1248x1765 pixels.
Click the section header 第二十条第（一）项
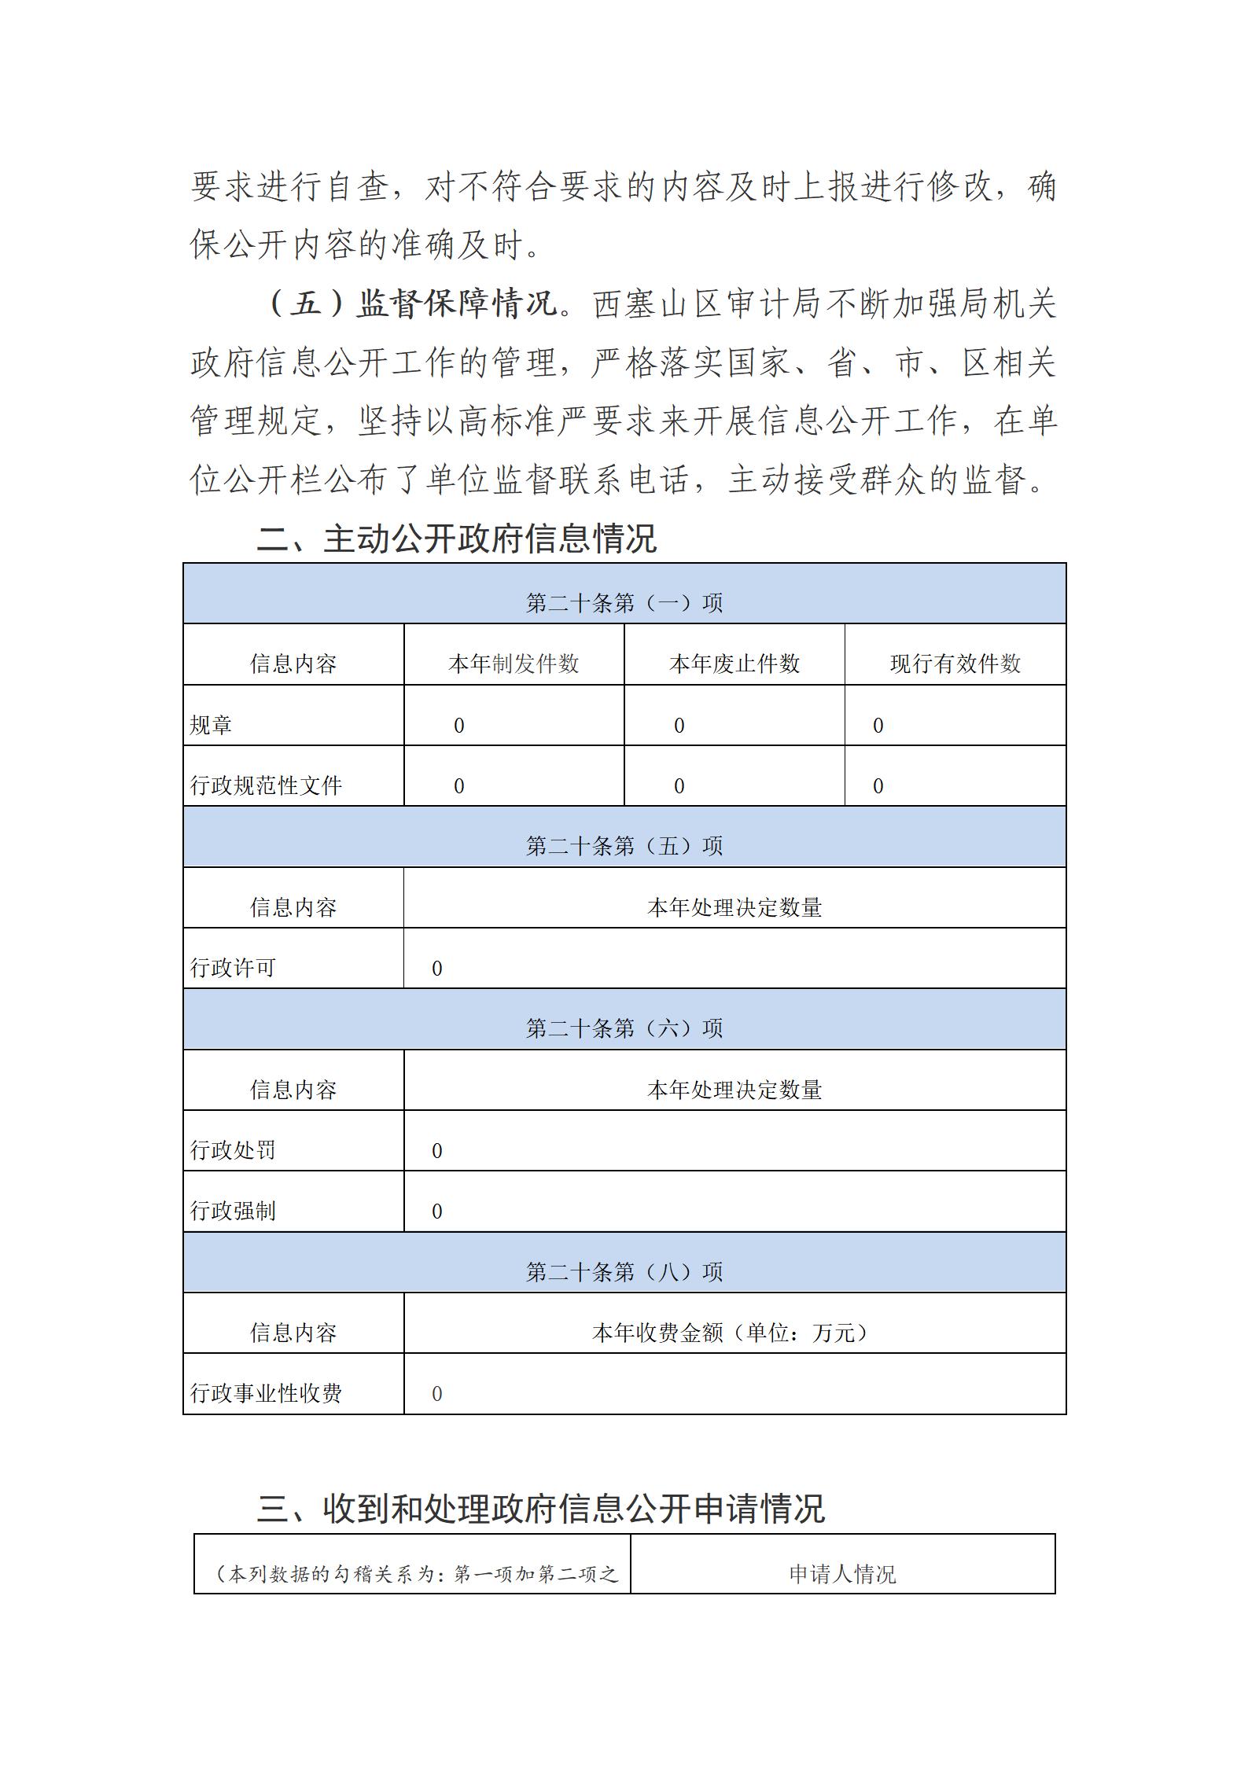[624, 603]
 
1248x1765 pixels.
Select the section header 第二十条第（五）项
[624, 846]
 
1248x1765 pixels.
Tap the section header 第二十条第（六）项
[624, 1028]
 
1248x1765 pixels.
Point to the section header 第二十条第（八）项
[624, 1272]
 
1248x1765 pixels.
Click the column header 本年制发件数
[514, 664]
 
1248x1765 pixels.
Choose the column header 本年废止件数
[734, 664]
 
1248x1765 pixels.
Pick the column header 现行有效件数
[955, 664]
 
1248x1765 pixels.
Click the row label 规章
[211, 725]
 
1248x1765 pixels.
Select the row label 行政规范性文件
[266, 785]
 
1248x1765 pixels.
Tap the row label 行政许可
[233, 968]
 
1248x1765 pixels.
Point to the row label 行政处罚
[233, 1150]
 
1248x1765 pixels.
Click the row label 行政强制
[233, 1211]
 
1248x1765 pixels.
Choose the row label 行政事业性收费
[266, 1393]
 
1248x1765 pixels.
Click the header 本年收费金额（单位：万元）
[734, 1333]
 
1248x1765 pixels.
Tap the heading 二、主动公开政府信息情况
[456, 539]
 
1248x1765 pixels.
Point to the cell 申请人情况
[842, 1574]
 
